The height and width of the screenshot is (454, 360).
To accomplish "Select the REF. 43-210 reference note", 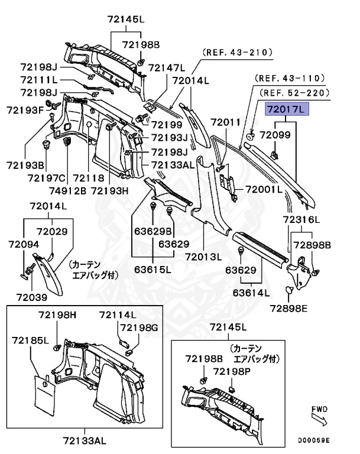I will (238, 53).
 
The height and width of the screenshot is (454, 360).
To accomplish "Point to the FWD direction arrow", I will (319, 419).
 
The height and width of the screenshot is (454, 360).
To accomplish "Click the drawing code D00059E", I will (313, 440).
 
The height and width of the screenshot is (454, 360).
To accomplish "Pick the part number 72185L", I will (28, 340).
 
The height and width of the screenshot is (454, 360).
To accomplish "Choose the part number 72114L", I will (117, 314).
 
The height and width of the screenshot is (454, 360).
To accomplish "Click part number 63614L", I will (251, 292).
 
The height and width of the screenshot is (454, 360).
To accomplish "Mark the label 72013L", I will (203, 257).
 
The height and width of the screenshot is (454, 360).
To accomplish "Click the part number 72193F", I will (25, 110).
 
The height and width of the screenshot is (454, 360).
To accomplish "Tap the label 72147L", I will (166, 67).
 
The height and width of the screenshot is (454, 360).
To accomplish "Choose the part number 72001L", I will (264, 190).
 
